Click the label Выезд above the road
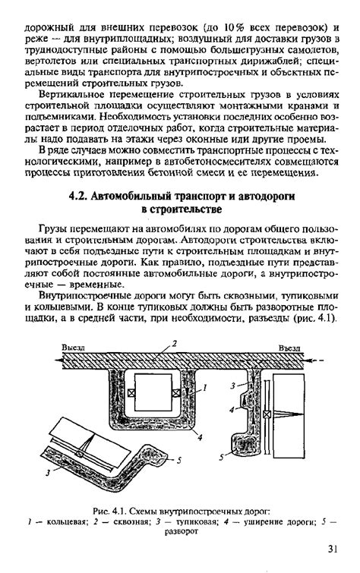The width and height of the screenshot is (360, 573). tap(73, 348)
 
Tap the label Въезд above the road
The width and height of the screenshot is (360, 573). tap(289, 348)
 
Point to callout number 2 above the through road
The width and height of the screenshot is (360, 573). tap(175, 343)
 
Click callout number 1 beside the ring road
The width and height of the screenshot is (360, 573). tap(205, 388)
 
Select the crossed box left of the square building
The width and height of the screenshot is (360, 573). tap(131, 393)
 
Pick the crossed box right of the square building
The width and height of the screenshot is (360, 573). tap(176, 393)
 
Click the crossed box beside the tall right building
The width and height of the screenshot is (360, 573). tap(267, 414)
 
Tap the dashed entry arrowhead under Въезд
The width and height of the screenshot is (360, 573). tap(311, 360)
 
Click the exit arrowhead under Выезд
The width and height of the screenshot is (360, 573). tap(58, 360)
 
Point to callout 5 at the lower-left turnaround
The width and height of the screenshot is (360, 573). tap(179, 461)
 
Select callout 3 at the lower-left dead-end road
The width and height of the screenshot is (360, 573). tap(48, 473)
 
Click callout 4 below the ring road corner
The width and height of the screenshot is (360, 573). tap(200, 437)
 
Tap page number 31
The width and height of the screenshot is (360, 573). tap(332, 549)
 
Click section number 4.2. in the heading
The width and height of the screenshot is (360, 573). tap(78, 197)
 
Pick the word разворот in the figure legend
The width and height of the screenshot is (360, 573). tap(181, 531)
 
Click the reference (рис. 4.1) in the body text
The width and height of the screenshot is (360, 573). tap(314, 317)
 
